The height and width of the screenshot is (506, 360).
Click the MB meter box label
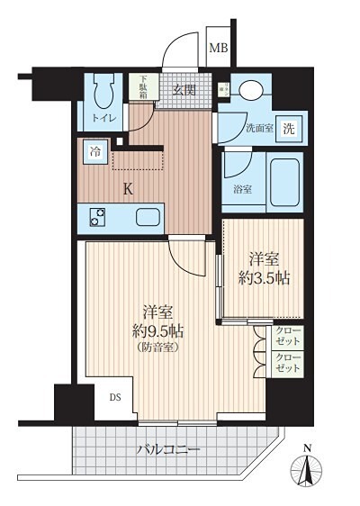[x=219, y=48]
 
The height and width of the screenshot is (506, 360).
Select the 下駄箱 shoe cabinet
[x=144, y=86]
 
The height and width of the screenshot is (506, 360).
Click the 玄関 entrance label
[x=184, y=89]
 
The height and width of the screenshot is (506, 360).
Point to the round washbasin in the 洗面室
[x=251, y=89]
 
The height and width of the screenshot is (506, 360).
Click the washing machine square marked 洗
[x=289, y=129]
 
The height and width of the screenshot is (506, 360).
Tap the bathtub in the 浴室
[x=284, y=183]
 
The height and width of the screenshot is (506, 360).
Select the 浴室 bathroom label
[x=242, y=189]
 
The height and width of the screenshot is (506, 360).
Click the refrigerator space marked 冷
[x=95, y=151]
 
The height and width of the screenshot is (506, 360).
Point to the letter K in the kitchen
[x=129, y=189]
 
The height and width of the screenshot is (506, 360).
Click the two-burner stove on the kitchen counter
[x=97, y=217]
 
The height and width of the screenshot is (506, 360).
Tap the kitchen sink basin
[x=148, y=217]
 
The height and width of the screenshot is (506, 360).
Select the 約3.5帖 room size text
[x=264, y=278]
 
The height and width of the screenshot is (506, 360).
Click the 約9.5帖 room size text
[x=158, y=331]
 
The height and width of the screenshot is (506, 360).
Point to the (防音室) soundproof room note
[x=157, y=348]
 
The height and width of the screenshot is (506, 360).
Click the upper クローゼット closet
[x=288, y=337]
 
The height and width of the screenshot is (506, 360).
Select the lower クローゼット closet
[x=288, y=364]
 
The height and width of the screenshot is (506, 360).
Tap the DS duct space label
[x=115, y=397]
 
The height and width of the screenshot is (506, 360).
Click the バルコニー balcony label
[x=167, y=449]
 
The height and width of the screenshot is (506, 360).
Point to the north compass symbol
[x=307, y=467]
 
